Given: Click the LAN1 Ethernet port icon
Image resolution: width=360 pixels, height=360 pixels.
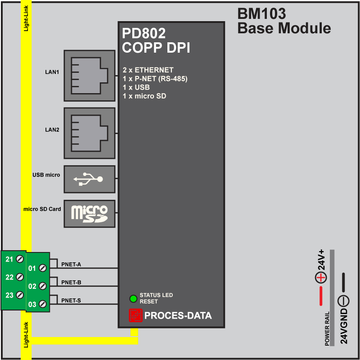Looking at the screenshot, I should tap(89, 76).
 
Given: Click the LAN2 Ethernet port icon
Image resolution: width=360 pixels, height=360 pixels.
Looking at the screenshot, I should tap(89, 133).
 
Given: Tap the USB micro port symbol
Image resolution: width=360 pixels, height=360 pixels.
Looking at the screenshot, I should tap(89, 179).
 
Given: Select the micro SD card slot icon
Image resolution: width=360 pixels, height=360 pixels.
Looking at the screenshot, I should tap(89, 213).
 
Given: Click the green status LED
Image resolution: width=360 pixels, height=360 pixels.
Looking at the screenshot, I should tap(133, 299).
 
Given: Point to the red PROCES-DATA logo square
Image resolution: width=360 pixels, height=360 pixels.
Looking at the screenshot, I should tap(135, 315).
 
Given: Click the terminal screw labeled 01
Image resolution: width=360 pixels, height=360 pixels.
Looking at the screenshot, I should tap(43, 268).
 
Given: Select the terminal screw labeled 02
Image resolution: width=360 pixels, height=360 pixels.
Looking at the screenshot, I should tap(43, 286).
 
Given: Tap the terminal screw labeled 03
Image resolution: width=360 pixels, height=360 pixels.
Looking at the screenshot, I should tap(43, 304).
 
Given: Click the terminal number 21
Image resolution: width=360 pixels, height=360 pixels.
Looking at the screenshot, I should tap(9, 259).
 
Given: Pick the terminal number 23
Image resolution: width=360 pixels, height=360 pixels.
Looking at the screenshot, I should tap(9, 295).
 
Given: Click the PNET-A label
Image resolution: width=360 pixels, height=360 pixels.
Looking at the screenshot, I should tap(71, 265).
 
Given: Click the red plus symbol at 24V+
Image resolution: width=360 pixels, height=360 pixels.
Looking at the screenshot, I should tap(321, 278).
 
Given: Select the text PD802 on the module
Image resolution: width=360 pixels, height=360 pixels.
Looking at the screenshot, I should tap(144, 34).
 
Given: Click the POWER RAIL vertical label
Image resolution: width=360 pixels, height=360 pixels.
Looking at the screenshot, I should tap(327, 328).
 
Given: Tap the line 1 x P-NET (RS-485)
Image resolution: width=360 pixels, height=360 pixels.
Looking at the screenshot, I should tap(155, 79).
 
